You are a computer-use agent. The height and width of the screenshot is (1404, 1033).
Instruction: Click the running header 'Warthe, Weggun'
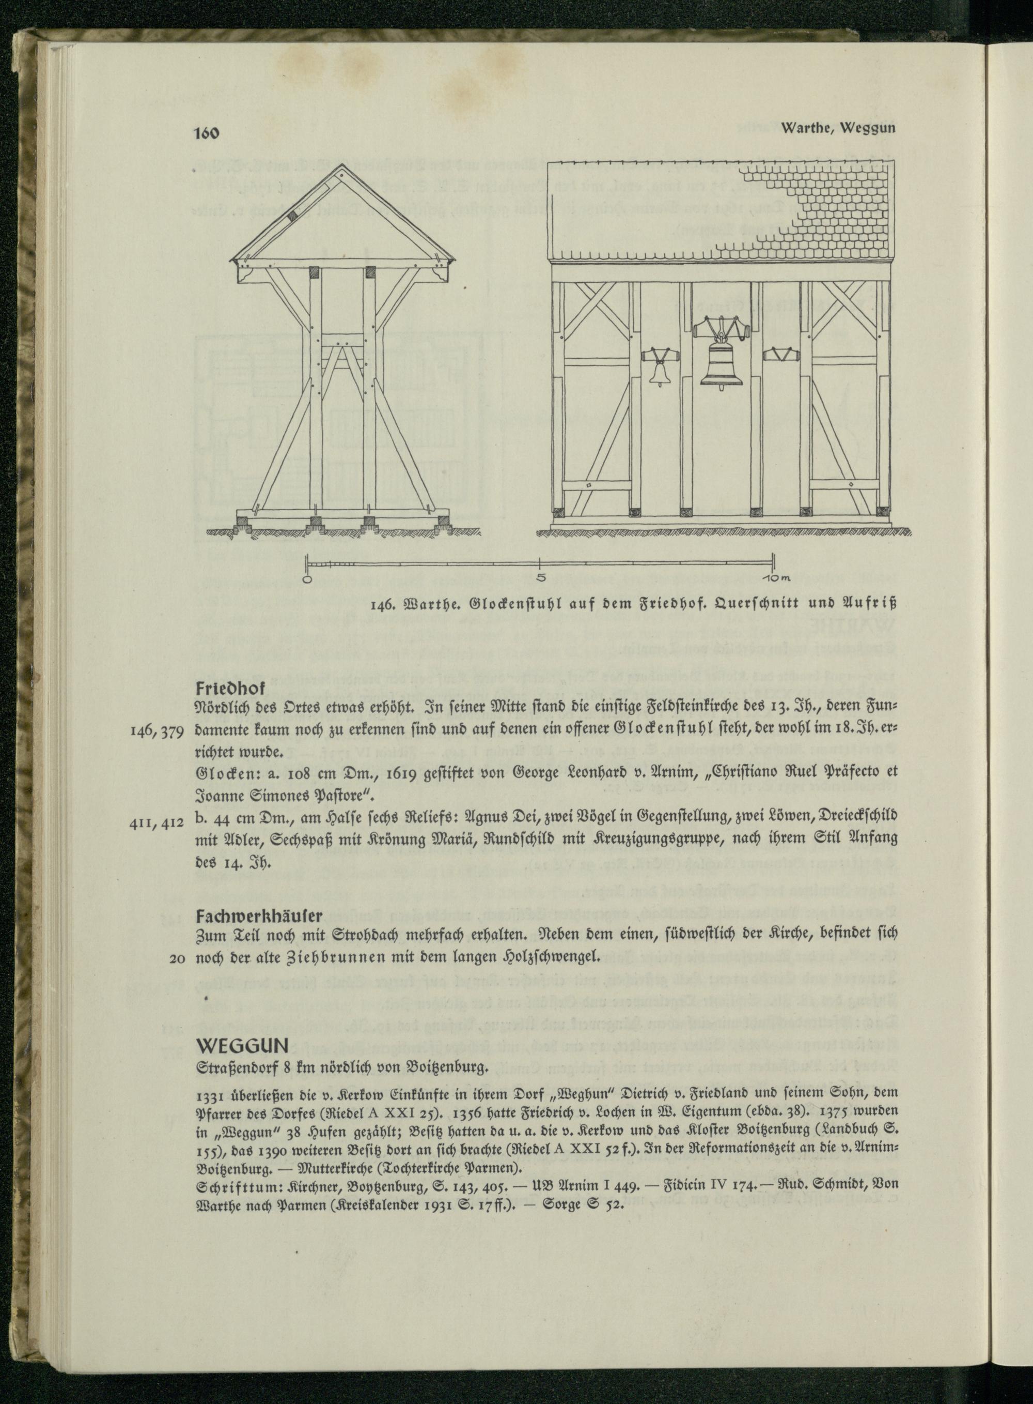(838, 128)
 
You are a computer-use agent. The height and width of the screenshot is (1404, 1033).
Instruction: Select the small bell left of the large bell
(658, 372)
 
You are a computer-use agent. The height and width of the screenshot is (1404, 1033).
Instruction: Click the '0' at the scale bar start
(306, 579)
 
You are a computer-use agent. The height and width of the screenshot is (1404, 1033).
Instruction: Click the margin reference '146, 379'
(158, 731)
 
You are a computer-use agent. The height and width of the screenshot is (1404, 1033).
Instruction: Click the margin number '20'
(178, 958)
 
